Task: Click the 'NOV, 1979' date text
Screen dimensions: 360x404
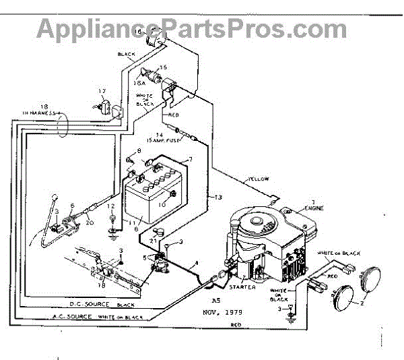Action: (x=223, y=312)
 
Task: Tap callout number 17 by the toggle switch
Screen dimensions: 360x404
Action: (x=102, y=91)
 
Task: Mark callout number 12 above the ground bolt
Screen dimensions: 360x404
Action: (x=112, y=206)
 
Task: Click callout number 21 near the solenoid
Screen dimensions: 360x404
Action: (x=153, y=240)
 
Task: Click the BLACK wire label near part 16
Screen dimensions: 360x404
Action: (x=127, y=55)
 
